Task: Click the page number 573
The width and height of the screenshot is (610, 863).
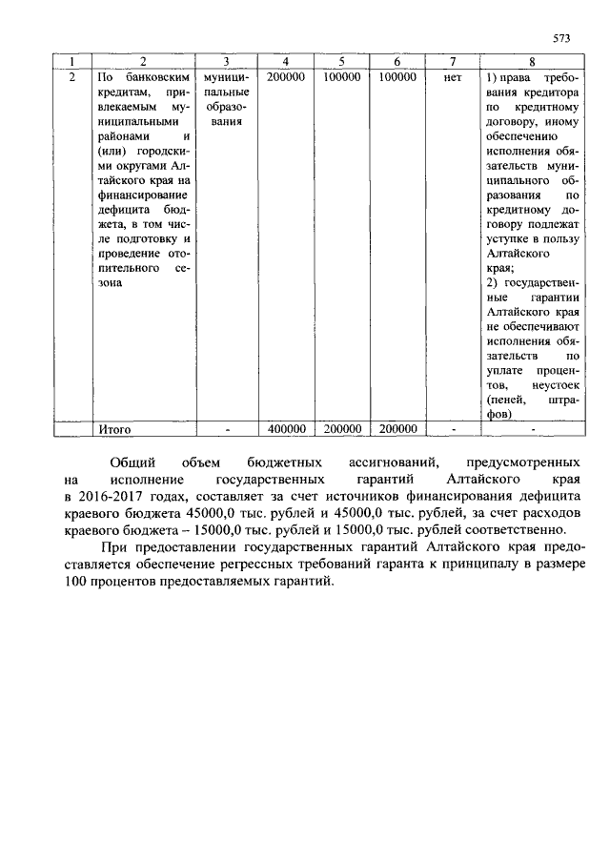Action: click(561, 38)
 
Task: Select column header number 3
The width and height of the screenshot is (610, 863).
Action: click(227, 62)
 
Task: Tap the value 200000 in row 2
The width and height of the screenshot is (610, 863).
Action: click(287, 76)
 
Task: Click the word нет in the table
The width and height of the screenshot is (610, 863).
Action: click(452, 76)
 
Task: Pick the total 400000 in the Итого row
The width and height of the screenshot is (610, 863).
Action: click(287, 430)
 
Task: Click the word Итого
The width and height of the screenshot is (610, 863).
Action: click(115, 430)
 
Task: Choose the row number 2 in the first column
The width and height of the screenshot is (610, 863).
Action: click(73, 76)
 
